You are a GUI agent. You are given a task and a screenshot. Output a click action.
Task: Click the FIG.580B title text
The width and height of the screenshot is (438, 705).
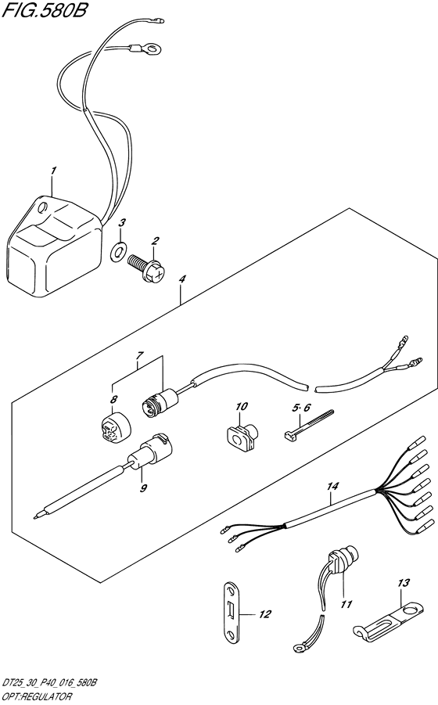[44, 10]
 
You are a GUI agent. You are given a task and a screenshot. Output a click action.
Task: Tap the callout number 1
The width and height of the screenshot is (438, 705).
[53, 171]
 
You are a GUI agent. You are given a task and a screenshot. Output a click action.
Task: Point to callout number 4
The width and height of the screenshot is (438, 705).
[181, 279]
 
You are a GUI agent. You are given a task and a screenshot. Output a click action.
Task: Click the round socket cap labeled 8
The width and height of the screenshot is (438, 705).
[116, 428]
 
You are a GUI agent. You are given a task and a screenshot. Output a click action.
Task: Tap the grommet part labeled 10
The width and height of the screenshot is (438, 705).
[241, 438]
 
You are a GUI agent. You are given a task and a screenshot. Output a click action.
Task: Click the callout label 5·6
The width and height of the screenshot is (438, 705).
[301, 408]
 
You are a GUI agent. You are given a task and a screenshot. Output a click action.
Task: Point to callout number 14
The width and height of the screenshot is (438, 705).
[333, 487]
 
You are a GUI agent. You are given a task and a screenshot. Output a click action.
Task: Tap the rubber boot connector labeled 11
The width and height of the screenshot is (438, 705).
[343, 562]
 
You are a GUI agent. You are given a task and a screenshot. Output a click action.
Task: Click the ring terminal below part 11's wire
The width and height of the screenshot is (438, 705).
[298, 647]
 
